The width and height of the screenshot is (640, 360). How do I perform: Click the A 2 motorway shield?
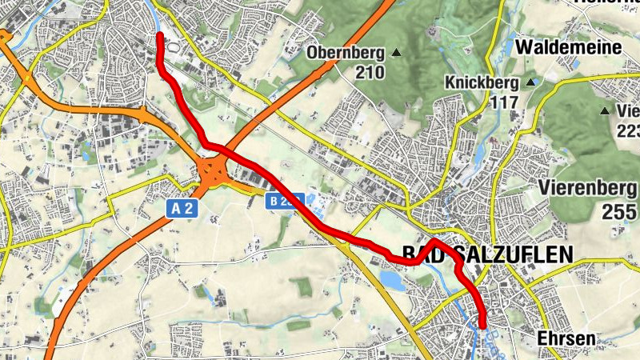point(182,208)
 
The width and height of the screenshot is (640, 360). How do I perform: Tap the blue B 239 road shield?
point(285,201)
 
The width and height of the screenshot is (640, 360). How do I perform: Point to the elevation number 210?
point(370,73)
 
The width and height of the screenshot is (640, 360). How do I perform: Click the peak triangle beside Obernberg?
point(396,54)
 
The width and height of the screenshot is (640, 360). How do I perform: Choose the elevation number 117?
point(506,102)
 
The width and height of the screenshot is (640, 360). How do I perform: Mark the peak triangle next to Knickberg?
point(530,82)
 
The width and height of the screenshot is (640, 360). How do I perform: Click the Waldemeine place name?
point(569,47)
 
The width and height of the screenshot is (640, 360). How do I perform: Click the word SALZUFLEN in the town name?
point(513,254)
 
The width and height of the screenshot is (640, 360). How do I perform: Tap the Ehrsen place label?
point(566,338)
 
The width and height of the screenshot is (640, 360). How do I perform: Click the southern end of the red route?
point(482,324)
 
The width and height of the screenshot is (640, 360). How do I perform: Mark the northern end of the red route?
point(160,37)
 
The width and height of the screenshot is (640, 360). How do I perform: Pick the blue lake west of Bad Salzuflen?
point(392,280)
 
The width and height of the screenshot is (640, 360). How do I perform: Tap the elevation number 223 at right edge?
point(628,130)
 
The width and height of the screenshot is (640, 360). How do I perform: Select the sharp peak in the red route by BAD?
point(433,240)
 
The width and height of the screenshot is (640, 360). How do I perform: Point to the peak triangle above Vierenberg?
point(605,111)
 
